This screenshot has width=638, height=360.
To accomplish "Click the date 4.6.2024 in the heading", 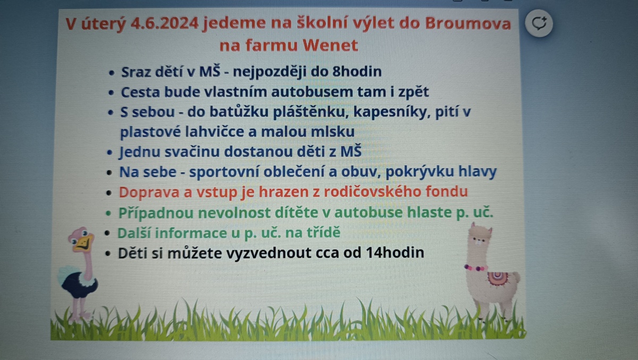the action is click(x=164, y=23).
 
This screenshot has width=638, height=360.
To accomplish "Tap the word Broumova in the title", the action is click(x=468, y=23).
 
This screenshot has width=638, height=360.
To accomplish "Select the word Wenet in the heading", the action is click(x=330, y=45).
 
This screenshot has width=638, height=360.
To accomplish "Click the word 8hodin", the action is click(x=357, y=71).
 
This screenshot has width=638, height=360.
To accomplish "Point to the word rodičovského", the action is click(x=372, y=191).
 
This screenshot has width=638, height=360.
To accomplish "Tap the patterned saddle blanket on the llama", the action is click(x=498, y=279).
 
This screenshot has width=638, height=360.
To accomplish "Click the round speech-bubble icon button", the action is click(x=539, y=23).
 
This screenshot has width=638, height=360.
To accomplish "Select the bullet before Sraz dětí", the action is click(x=111, y=73).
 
